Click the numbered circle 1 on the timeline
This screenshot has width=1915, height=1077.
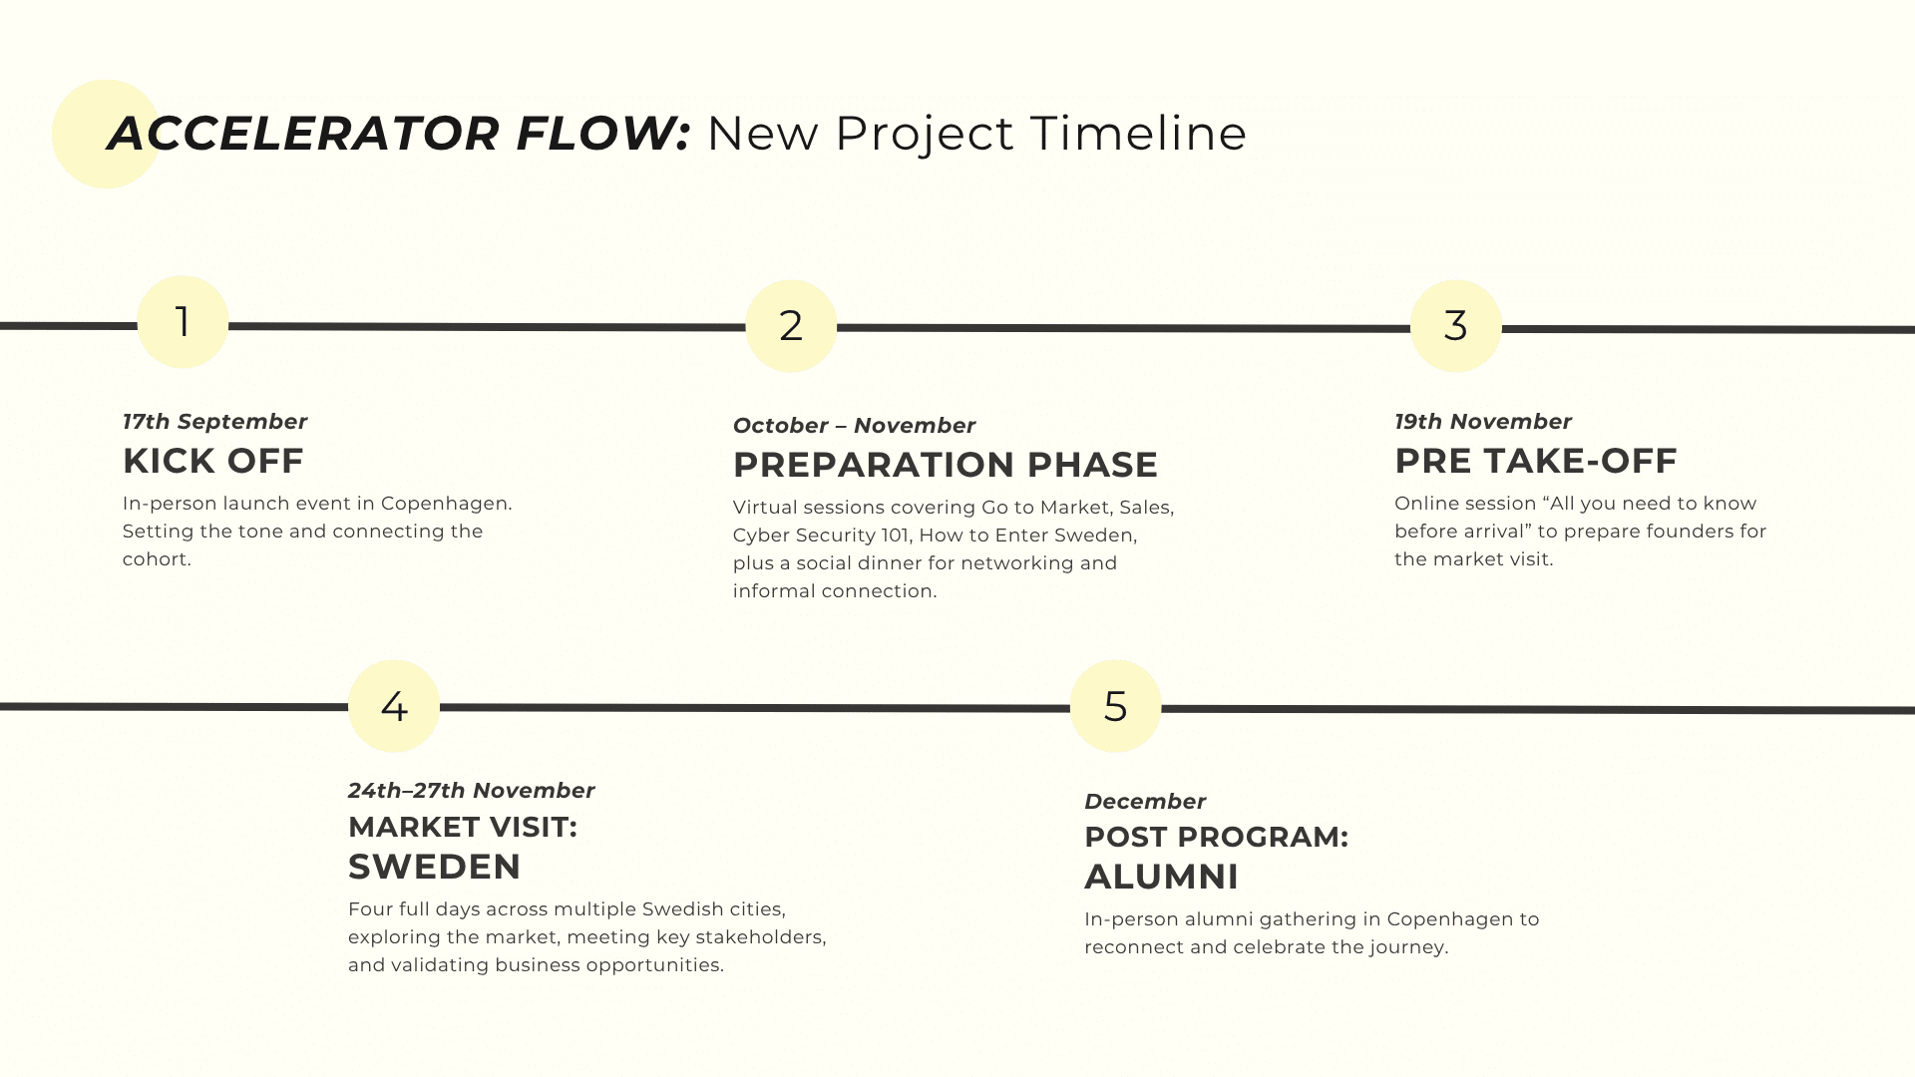tap(183, 322)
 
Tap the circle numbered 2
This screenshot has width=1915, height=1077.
tap(791, 326)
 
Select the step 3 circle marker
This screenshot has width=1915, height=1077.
tap(1456, 326)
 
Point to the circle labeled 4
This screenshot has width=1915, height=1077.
tap(394, 706)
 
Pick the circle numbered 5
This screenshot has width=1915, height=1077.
tap(1116, 706)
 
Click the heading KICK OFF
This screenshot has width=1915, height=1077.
tap(213, 461)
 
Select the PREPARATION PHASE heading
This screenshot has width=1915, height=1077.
tap(946, 465)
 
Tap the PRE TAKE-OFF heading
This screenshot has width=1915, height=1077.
tap(1536, 461)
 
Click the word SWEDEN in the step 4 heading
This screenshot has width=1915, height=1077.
tap(435, 867)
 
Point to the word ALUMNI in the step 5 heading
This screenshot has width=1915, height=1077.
tap(1162, 877)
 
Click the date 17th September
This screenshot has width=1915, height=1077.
tap(215, 422)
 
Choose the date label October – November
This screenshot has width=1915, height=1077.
tap(855, 426)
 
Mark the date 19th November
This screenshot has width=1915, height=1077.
tap(1483, 422)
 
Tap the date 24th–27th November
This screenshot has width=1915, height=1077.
tap(472, 791)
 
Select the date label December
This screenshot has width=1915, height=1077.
tap(1146, 802)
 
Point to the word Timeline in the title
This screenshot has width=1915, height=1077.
tap(1139, 134)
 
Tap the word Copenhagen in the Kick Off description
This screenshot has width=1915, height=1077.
tap(446, 505)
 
